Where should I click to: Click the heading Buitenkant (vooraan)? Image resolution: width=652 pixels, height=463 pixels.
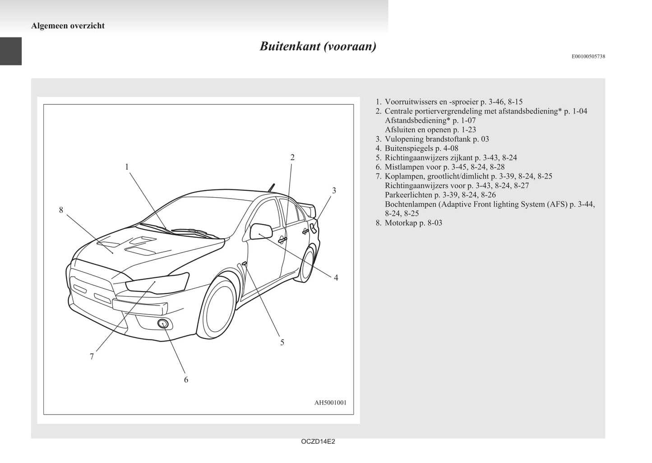click(x=318, y=46)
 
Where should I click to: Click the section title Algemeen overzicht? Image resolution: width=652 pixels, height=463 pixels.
click(x=68, y=26)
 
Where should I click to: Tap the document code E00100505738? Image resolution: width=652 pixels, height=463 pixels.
click(x=588, y=56)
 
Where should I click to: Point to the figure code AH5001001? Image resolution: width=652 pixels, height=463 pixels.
click(x=330, y=403)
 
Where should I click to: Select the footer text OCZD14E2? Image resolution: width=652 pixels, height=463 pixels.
click(x=318, y=442)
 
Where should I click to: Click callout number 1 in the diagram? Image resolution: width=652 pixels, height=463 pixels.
click(x=127, y=167)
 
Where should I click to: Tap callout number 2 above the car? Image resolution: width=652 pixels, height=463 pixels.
click(x=292, y=157)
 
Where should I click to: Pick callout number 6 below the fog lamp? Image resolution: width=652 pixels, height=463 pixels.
click(x=186, y=380)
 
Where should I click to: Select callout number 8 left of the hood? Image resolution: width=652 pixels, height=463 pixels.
click(x=61, y=210)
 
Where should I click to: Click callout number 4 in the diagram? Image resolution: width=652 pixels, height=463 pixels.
click(x=336, y=278)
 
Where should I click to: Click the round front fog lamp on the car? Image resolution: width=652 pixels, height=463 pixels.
click(x=163, y=323)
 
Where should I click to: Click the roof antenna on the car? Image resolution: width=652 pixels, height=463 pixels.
click(x=271, y=187)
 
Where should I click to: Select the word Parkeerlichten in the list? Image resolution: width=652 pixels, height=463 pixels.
click(x=408, y=195)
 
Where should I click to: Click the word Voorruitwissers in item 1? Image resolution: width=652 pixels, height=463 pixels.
click(x=411, y=102)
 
